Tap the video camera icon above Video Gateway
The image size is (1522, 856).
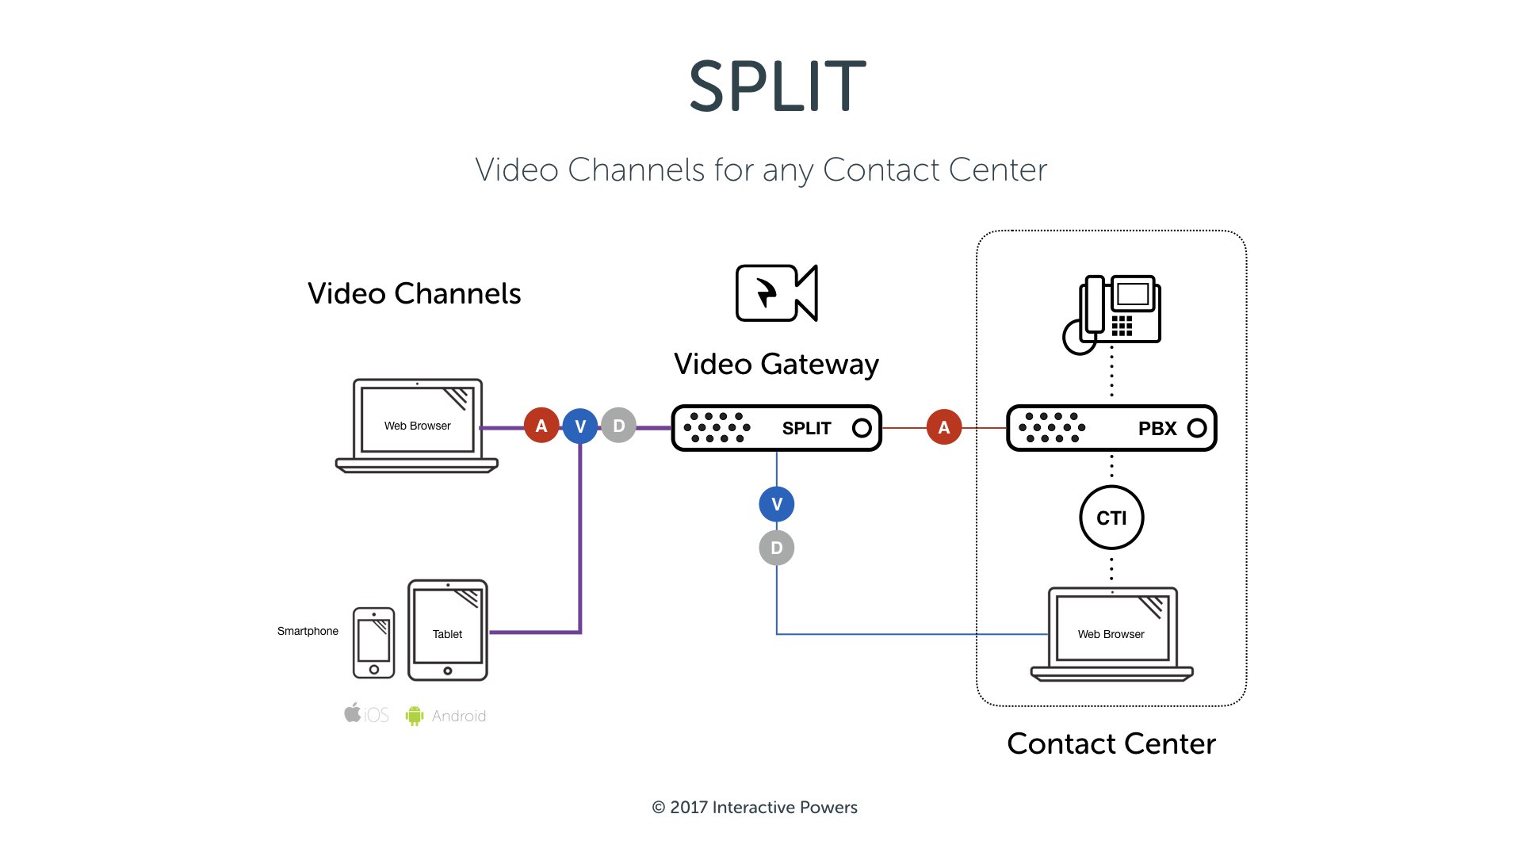tap(776, 293)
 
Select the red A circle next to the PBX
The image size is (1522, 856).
tap(943, 427)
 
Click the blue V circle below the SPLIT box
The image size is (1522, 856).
tap(776, 504)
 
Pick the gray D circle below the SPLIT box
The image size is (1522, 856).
tap(776, 548)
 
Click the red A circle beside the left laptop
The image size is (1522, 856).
tap(541, 426)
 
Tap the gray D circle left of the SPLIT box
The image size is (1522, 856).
tap(618, 426)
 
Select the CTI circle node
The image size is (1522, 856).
tap(1111, 518)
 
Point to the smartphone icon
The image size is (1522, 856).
tap(373, 643)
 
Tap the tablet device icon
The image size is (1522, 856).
tap(447, 631)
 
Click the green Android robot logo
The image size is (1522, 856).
tap(414, 716)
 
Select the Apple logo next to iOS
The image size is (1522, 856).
tap(353, 713)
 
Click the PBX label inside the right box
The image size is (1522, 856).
tap(1157, 429)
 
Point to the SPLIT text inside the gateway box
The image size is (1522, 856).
tap(806, 429)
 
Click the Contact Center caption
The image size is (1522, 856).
tap(1111, 743)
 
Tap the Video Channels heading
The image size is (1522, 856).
tap(414, 293)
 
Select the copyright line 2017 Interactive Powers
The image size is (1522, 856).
tap(755, 807)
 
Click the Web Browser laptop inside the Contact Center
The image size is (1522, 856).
tap(1111, 634)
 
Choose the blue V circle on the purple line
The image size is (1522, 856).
tap(580, 426)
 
